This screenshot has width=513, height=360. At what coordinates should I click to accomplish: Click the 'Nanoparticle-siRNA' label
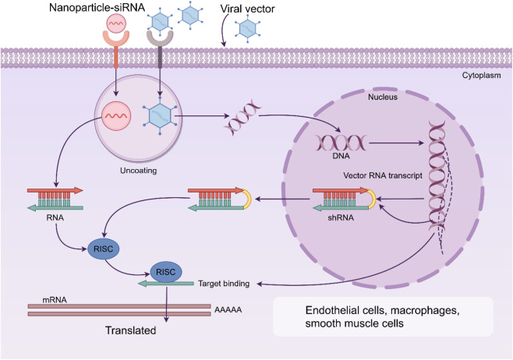(97, 8)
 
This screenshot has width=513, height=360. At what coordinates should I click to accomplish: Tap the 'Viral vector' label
(247, 9)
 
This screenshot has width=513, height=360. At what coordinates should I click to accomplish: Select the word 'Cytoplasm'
(481, 76)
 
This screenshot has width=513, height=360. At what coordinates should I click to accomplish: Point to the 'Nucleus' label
(383, 97)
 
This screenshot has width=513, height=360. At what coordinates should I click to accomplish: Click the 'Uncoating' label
(139, 171)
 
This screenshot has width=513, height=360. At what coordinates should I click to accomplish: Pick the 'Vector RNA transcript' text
(383, 175)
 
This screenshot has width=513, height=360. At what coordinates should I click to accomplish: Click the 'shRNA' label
(341, 217)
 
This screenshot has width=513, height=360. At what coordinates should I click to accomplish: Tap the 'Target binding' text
(224, 284)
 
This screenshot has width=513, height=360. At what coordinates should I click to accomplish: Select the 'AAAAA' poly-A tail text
(228, 309)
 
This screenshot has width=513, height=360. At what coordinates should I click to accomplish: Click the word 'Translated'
(130, 330)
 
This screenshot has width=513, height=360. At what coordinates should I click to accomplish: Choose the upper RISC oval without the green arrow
(104, 249)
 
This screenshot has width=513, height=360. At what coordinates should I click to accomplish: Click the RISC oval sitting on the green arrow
(166, 272)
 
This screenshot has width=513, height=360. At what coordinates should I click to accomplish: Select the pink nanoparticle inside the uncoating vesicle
(116, 116)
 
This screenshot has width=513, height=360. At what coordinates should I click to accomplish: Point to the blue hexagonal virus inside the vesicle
(160, 116)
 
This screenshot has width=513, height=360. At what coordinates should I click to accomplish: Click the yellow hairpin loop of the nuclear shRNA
(373, 199)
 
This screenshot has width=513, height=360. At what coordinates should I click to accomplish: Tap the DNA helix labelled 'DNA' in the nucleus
(340, 143)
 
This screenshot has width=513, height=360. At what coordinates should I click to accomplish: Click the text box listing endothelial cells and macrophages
(383, 316)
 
